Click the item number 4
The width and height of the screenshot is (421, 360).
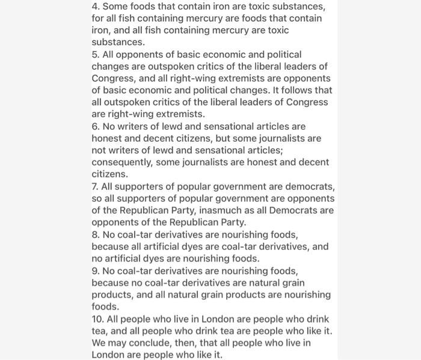coord(95,7)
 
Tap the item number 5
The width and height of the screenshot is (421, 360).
coord(95,55)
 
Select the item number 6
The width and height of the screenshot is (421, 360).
coord(95,127)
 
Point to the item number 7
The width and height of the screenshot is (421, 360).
coord(94,187)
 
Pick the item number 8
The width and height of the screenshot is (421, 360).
coord(95,235)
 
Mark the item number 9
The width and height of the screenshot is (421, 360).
coord(95,271)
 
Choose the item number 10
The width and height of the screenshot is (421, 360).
coord(97,319)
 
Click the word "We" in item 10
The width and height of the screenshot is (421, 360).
coord(99,343)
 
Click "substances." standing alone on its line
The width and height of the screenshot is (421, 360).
coord(118,43)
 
